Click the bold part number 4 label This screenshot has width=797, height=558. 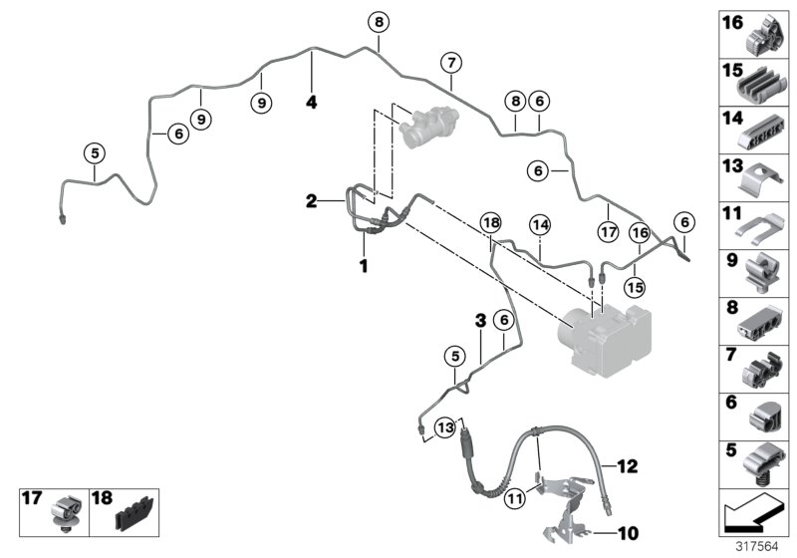(311, 102)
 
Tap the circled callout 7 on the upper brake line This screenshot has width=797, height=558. (450, 63)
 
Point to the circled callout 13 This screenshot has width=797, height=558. (445, 426)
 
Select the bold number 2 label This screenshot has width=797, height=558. (311, 201)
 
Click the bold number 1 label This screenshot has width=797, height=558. (364, 266)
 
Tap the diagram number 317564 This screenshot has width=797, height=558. (760, 547)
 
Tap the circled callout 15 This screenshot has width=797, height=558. (634, 287)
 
